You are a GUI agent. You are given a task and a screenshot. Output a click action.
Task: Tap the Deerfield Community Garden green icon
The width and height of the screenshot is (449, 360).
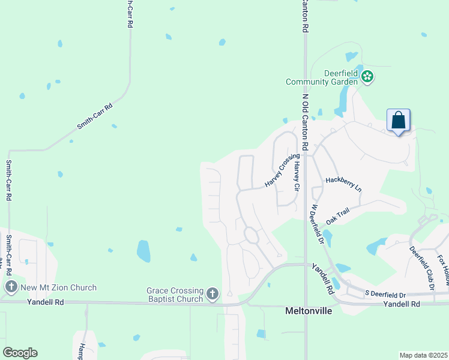368,76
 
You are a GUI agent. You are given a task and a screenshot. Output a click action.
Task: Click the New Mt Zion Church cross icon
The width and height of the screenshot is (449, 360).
11,287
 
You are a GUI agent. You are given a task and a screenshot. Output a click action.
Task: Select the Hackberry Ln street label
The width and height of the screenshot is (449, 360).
344,184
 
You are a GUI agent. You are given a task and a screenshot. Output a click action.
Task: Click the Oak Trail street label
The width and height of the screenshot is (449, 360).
337,217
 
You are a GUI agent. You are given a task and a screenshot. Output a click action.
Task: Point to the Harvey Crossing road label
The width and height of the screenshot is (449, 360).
282,170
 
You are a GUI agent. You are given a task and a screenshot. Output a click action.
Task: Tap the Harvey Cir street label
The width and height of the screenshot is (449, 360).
296,175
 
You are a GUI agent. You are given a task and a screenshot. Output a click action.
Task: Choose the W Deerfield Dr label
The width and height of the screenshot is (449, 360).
318,224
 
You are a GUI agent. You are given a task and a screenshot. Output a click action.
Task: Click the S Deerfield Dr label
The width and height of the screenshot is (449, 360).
385,294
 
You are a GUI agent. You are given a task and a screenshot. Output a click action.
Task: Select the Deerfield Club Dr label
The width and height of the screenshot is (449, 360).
422,267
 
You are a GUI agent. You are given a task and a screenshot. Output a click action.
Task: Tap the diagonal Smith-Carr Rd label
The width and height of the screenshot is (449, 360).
95,117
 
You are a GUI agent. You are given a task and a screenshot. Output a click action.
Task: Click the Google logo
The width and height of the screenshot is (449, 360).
20,352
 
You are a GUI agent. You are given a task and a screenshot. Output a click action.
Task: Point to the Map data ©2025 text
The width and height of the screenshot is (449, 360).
423,355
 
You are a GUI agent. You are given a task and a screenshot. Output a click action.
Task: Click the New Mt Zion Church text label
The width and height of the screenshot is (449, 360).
58,287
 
